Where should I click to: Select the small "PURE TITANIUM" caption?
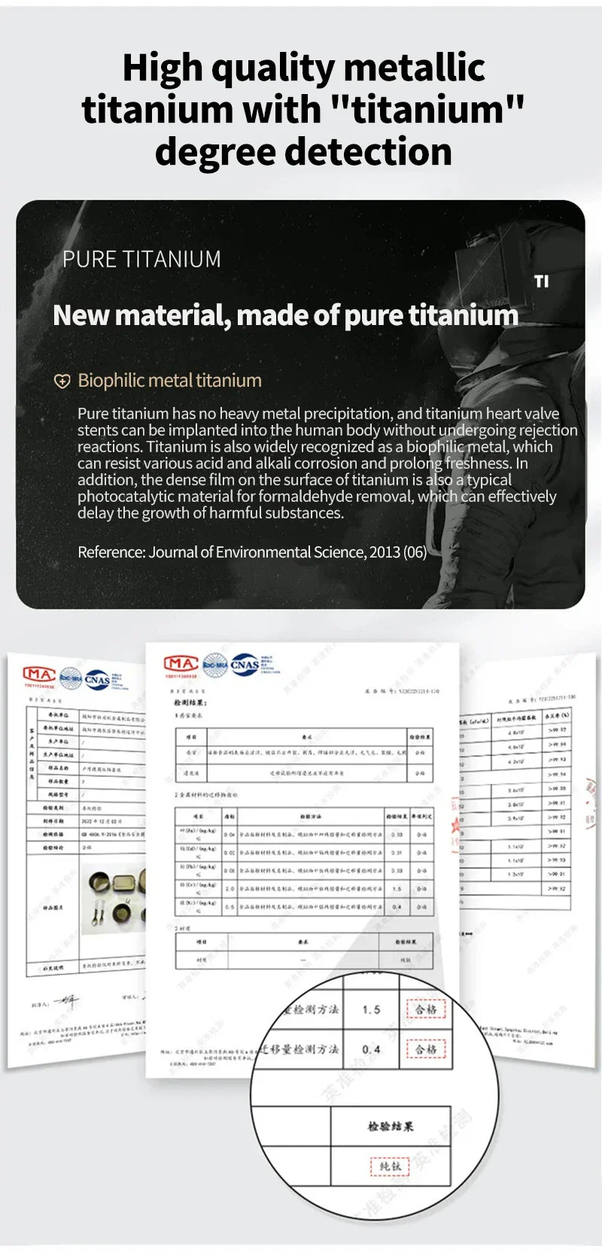pyautogui.click(x=141, y=260)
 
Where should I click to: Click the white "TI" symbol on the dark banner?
pyautogui.click(x=542, y=281)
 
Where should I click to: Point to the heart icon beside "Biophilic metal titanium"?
pyautogui.click(x=62, y=381)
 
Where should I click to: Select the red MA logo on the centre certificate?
pyautogui.click(x=181, y=664)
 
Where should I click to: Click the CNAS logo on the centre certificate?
pyautogui.click(x=245, y=664)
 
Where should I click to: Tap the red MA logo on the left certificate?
pyautogui.click(x=38, y=674)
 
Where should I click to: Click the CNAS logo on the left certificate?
pyautogui.click(x=98, y=679)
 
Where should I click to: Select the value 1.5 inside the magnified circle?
pyautogui.click(x=371, y=1010)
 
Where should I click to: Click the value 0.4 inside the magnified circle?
pyautogui.click(x=371, y=1050)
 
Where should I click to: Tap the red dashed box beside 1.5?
pyautogui.click(x=426, y=1010)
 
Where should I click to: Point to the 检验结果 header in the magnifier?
pyautogui.click(x=390, y=1126)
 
